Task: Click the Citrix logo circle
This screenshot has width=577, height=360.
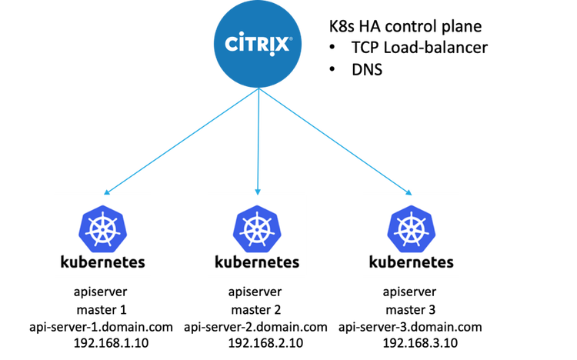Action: (258, 44)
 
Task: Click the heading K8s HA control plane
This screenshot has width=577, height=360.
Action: (405, 26)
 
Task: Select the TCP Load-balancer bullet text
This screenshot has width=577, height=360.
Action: (419, 48)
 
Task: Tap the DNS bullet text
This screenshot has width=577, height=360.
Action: (367, 69)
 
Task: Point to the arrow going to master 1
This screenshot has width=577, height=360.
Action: (181, 141)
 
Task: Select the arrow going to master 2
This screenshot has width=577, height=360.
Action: (258, 142)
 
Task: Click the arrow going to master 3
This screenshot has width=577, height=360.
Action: (335, 142)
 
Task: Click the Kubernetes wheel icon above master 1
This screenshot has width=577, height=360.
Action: (102, 229)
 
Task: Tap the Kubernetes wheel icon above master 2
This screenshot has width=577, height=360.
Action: (257, 229)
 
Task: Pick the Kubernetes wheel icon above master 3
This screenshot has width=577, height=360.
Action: (412, 229)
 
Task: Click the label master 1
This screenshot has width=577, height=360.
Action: (102, 309)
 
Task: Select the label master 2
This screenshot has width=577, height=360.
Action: (256, 309)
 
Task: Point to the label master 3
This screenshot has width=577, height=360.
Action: (411, 309)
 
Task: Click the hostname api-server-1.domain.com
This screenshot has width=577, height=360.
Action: (102, 327)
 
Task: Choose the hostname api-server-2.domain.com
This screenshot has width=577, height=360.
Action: (255, 327)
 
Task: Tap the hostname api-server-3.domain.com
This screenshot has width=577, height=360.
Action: (410, 327)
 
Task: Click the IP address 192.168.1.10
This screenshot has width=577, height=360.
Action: (111, 343)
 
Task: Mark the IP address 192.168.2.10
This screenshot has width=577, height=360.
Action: (265, 343)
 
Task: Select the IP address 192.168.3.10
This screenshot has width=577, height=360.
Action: (420, 343)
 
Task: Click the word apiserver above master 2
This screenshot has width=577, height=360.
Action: (255, 292)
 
